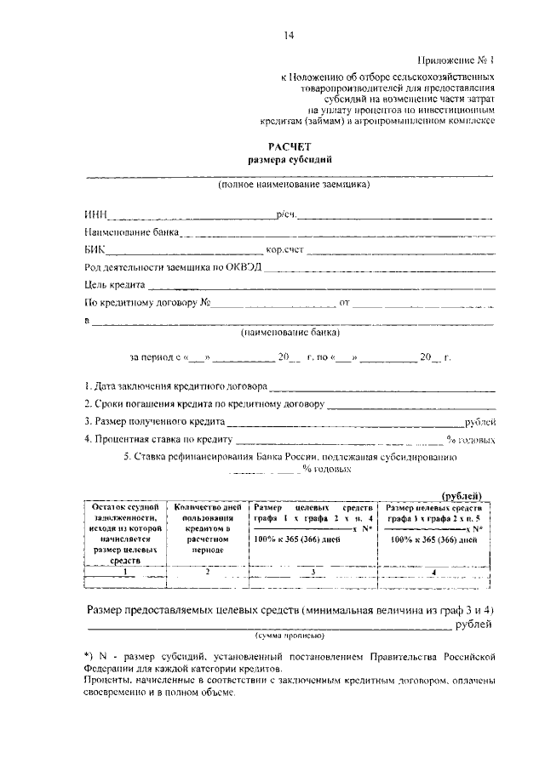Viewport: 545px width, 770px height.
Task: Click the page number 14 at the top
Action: (290, 35)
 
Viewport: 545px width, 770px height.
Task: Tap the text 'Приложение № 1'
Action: (456, 60)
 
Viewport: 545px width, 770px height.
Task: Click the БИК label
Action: (94, 251)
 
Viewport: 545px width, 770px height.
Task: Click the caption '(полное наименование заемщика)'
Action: (293, 183)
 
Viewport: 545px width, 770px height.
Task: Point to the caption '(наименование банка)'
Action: (289, 334)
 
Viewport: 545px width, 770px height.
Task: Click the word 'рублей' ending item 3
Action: (479, 422)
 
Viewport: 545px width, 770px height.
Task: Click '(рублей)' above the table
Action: (463, 496)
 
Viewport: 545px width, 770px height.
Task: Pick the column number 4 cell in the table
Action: (434, 573)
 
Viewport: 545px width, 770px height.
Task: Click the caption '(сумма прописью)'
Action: (289, 636)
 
